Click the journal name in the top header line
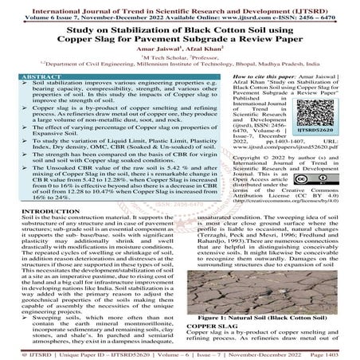click(x=179, y=6)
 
